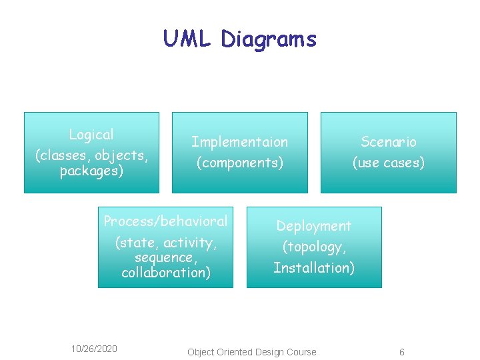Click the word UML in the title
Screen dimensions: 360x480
189,39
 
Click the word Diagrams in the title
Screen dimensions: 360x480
269,40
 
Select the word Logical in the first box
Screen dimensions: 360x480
91,135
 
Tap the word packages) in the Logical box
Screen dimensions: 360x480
91,171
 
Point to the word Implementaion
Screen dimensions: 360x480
240,142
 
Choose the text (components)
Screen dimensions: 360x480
240,163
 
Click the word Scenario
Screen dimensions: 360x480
389,141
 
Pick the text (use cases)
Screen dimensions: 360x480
389,163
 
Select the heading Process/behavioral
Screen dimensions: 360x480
165,221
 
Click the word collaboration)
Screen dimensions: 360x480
166,273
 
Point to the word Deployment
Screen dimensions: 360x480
313,226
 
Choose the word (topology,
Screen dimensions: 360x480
314,247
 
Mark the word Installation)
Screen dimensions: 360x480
314,268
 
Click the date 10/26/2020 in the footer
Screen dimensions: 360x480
94,349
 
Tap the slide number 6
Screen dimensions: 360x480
402,352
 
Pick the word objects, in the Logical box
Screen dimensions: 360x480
122,156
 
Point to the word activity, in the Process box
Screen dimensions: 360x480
195,243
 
